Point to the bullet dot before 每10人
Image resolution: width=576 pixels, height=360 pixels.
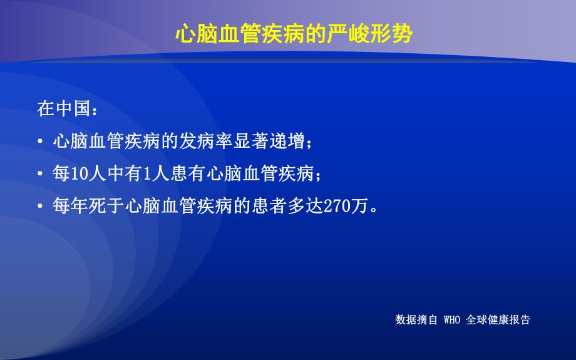pos(40,174)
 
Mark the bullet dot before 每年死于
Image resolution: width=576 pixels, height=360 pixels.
pos(40,207)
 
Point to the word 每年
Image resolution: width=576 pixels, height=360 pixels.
pos(70,207)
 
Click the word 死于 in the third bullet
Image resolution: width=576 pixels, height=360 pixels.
pos(103,207)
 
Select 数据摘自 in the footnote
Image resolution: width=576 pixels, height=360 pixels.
pos(416,320)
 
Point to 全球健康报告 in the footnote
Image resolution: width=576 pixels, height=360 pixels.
pos(498,320)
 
